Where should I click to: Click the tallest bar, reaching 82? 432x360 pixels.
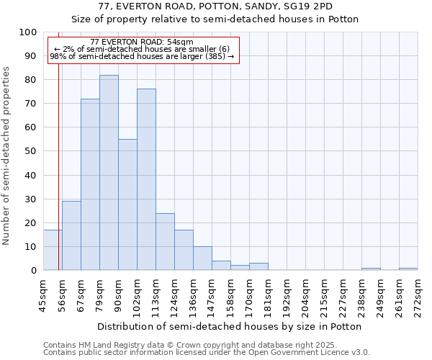(x=109, y=173)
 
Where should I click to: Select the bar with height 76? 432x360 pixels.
(x=146, y=180)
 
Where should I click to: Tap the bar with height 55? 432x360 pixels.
(x=127, y=204)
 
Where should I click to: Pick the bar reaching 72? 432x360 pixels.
(x=90, y=184)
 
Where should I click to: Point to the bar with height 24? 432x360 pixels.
(x=165, y=241)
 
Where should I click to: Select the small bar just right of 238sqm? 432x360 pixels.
(x=371, y=269)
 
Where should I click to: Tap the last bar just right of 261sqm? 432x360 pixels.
(x=408, y=269)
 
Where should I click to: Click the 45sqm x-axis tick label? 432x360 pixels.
(x=43, y=295)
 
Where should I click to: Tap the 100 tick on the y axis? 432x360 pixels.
(x=28, y=32)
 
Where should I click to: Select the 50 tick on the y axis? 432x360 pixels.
(x=31, y=151)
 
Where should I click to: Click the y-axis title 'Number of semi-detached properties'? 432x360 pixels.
(x=7, y=156)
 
